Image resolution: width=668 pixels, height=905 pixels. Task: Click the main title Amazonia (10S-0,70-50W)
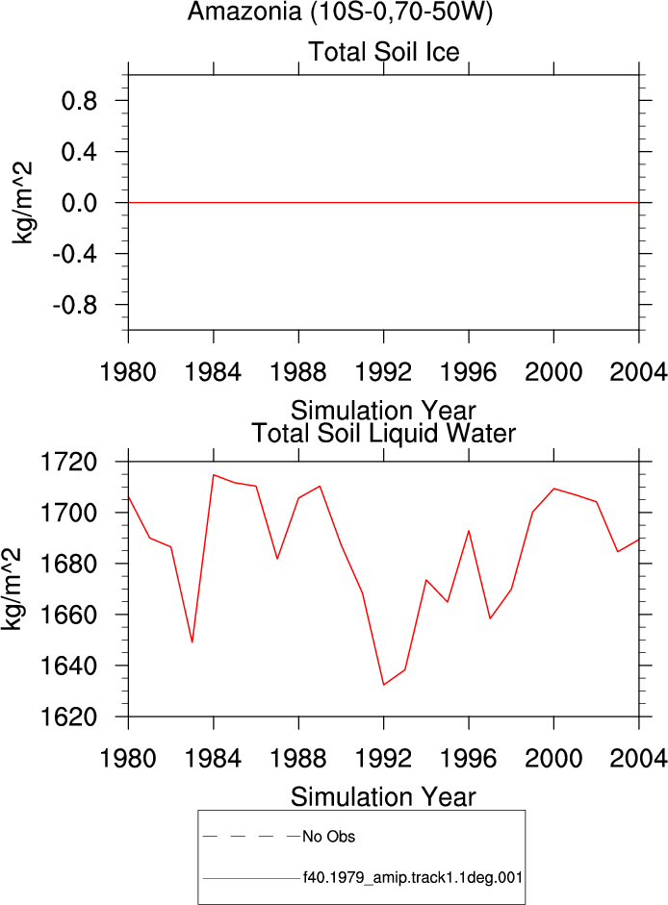[340, 13]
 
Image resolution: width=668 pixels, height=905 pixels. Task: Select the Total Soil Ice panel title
[384, 52]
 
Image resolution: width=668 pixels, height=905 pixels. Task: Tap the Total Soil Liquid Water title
[383, 434]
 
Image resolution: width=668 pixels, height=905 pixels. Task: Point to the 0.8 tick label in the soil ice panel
[80, 101]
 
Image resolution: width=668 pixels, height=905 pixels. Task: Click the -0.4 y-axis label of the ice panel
[75, 254]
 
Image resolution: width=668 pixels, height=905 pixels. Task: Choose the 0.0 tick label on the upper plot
[80, 203]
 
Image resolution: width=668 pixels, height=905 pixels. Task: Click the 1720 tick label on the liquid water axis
[68, 463]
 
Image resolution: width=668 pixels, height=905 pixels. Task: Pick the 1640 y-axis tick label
[68, 666]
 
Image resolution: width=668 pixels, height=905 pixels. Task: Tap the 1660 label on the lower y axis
[68, 616]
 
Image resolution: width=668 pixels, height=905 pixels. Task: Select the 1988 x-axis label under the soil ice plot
[298, 372]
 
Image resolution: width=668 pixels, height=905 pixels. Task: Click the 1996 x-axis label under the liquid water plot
[469, 759]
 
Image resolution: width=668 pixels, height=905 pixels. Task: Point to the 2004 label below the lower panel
[638, 759]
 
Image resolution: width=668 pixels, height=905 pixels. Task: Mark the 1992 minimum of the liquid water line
[384, 685]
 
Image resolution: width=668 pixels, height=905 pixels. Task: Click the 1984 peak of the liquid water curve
[214, 475]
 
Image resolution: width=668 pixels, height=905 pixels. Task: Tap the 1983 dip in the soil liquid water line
[193, 642]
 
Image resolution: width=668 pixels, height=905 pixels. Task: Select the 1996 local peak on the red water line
[469, 531]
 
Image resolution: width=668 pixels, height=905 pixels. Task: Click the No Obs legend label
[329, 837]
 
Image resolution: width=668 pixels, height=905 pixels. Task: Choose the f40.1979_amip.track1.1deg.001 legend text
[413, 878]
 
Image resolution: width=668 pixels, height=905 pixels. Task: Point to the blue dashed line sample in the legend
[252, 836]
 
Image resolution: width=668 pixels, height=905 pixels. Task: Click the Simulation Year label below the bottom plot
[383, 797]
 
